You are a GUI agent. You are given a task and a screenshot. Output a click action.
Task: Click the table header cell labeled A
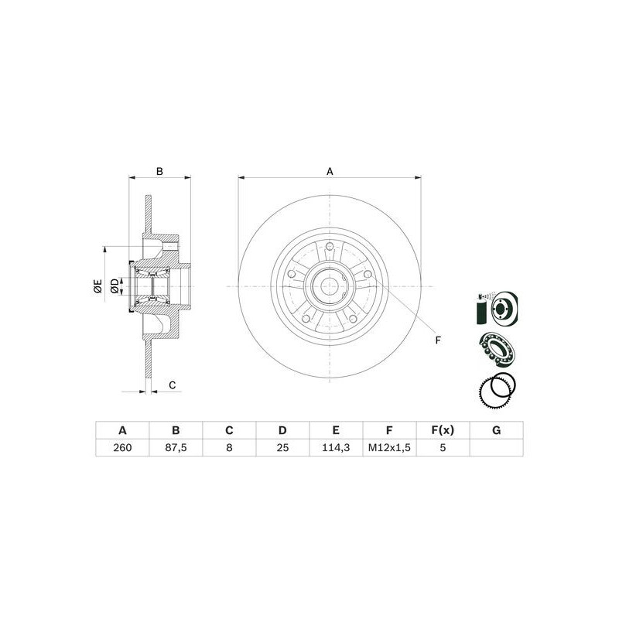tap(122, 430)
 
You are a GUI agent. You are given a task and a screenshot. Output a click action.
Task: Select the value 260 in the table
tap(122, 448)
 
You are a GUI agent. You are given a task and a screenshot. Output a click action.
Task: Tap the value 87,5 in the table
tap(176, 448)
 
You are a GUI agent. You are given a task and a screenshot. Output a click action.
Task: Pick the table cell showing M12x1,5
tap(389, 448)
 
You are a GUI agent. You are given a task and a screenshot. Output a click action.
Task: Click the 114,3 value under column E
tap(336, 448)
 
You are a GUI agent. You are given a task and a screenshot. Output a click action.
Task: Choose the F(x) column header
tap(443, 430)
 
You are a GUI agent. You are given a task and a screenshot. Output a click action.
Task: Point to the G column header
tap(497, 430)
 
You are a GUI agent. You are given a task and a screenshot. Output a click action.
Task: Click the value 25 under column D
tap(282, 448)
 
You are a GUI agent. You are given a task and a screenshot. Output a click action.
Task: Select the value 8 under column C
tap(229, 448)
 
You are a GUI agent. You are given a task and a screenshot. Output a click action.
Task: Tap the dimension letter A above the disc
tap(330, 171)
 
